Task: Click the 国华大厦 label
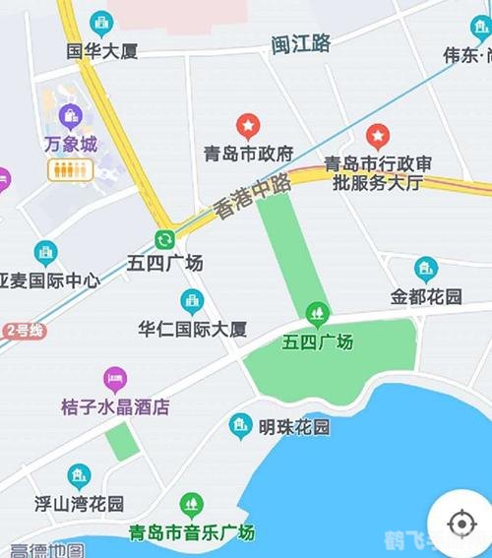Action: point(101,50)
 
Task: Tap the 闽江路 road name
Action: point(301,43)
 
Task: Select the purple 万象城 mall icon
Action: point(69,116)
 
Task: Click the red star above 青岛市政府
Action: point(248,125)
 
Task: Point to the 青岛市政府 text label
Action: point(249,154)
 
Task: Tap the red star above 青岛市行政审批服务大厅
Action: point(378,136)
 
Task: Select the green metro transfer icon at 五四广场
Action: point(164,239)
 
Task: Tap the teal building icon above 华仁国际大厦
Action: point(192,301)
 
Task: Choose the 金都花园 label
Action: point(426,295)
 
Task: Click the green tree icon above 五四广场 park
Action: point(317,315)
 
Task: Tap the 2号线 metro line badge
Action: point(24,331)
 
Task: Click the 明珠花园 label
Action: point(293,427)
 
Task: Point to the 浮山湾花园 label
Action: point(81,504)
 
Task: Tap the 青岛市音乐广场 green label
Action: point(192,532)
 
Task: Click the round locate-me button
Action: point(460,522)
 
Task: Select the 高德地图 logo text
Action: point(47,550)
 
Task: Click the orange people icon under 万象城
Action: point(69,169)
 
